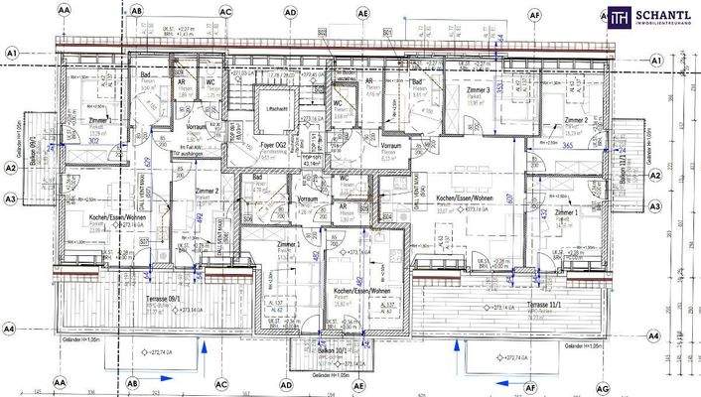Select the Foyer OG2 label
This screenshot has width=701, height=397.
click(x=273, y=145)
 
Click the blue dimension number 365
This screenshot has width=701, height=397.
click(x=567, y=145)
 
